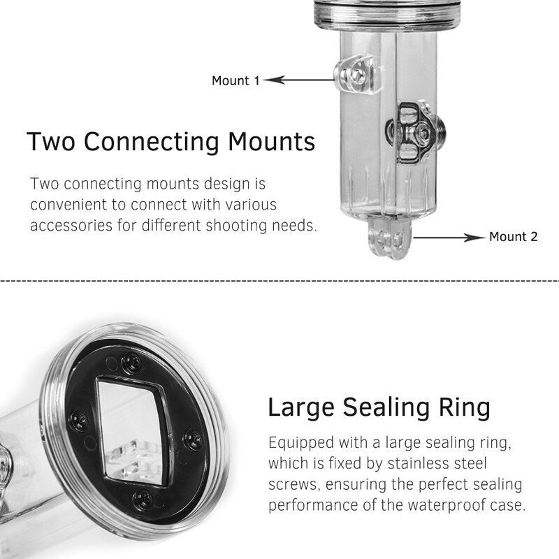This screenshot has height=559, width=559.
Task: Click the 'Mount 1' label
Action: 235,80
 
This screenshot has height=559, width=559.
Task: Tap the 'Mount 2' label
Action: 514,237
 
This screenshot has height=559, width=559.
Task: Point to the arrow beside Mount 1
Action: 299,80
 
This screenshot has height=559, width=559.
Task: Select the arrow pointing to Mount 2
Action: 449,238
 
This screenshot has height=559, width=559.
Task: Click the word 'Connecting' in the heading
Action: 151,143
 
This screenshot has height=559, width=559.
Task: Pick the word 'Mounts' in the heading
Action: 272,142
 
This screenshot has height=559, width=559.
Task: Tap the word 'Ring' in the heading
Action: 464,408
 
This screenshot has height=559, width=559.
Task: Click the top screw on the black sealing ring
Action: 131,363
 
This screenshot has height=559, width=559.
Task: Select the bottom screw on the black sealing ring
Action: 143,500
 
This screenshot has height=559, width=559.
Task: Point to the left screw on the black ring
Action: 78,421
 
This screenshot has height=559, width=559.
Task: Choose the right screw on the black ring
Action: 194,440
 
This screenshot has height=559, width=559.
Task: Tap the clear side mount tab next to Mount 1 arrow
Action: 356,74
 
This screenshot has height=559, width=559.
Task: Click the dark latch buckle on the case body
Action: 415,133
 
